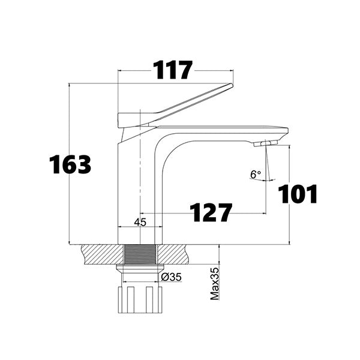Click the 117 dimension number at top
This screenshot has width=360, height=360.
coord(173,70)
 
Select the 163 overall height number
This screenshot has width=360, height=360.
coord(70,164)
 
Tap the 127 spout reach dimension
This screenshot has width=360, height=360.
coord(211,212)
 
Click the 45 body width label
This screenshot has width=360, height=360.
coord(140,222)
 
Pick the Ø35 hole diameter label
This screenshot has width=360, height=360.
coord(172,277)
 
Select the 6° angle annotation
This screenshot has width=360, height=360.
coord(256,175)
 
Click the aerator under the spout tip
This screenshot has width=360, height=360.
coord(265,143)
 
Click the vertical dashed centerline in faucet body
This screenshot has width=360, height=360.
coord(140,180)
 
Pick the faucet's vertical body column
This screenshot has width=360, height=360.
coord(130,192)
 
